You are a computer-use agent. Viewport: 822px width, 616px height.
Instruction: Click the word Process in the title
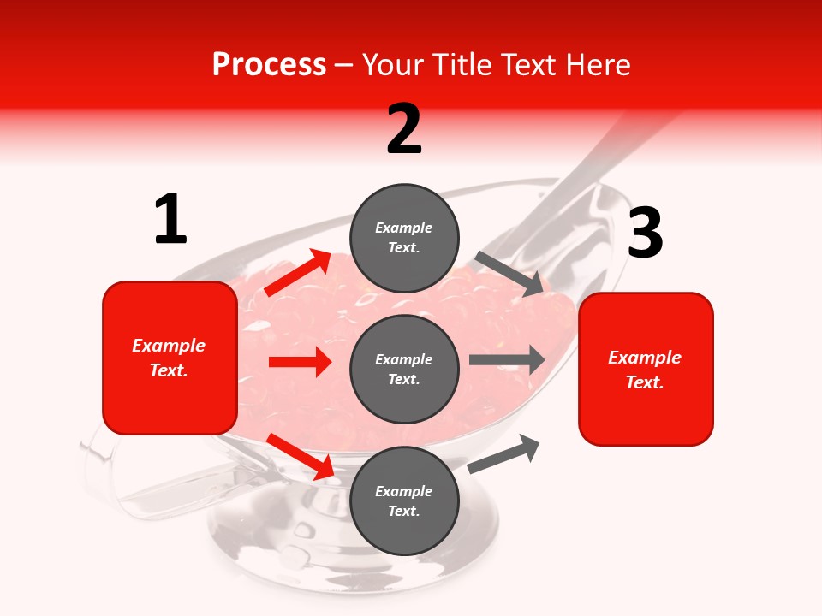pos(269,65)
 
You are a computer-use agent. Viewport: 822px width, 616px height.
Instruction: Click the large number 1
pos(170,220)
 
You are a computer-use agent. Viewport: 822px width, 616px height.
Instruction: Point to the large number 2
pos(404,129)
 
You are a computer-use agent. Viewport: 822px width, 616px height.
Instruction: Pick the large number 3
pos(645,234)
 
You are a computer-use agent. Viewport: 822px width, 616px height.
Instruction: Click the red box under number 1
pos(170,358)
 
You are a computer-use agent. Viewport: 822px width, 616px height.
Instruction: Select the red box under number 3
pos(646,369)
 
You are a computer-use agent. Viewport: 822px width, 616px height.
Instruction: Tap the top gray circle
pos(404,238)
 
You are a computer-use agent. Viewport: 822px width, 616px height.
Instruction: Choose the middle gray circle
pos(404,369)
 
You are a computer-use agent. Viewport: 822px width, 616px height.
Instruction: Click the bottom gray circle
pos(404,500)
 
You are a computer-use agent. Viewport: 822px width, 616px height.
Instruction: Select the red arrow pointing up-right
pos(298,273)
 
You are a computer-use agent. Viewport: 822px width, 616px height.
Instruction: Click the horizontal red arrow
pos(299,362)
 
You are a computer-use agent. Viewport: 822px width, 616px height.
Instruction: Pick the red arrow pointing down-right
pos(300,456)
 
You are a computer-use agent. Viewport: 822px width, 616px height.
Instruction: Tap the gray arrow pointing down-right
pos(509,274)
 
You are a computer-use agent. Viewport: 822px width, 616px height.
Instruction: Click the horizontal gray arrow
pos(507,359)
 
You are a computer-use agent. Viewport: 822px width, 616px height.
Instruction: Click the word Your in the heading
pos(394,65)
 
